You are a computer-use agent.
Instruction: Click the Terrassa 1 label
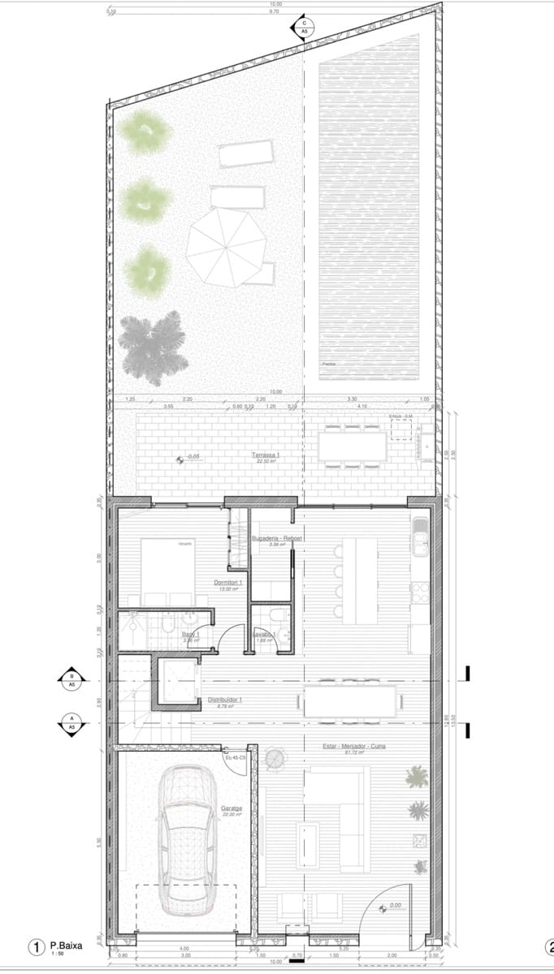[265, 457]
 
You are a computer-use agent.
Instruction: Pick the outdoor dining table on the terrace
[353, 446]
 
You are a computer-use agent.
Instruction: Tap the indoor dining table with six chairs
[351, 700]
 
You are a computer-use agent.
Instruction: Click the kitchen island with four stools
[358, 580]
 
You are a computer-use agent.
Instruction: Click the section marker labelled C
[304, 28]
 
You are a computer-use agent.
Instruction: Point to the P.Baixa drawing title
[65, 946]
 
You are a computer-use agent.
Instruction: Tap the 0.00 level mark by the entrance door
[395, 906]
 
